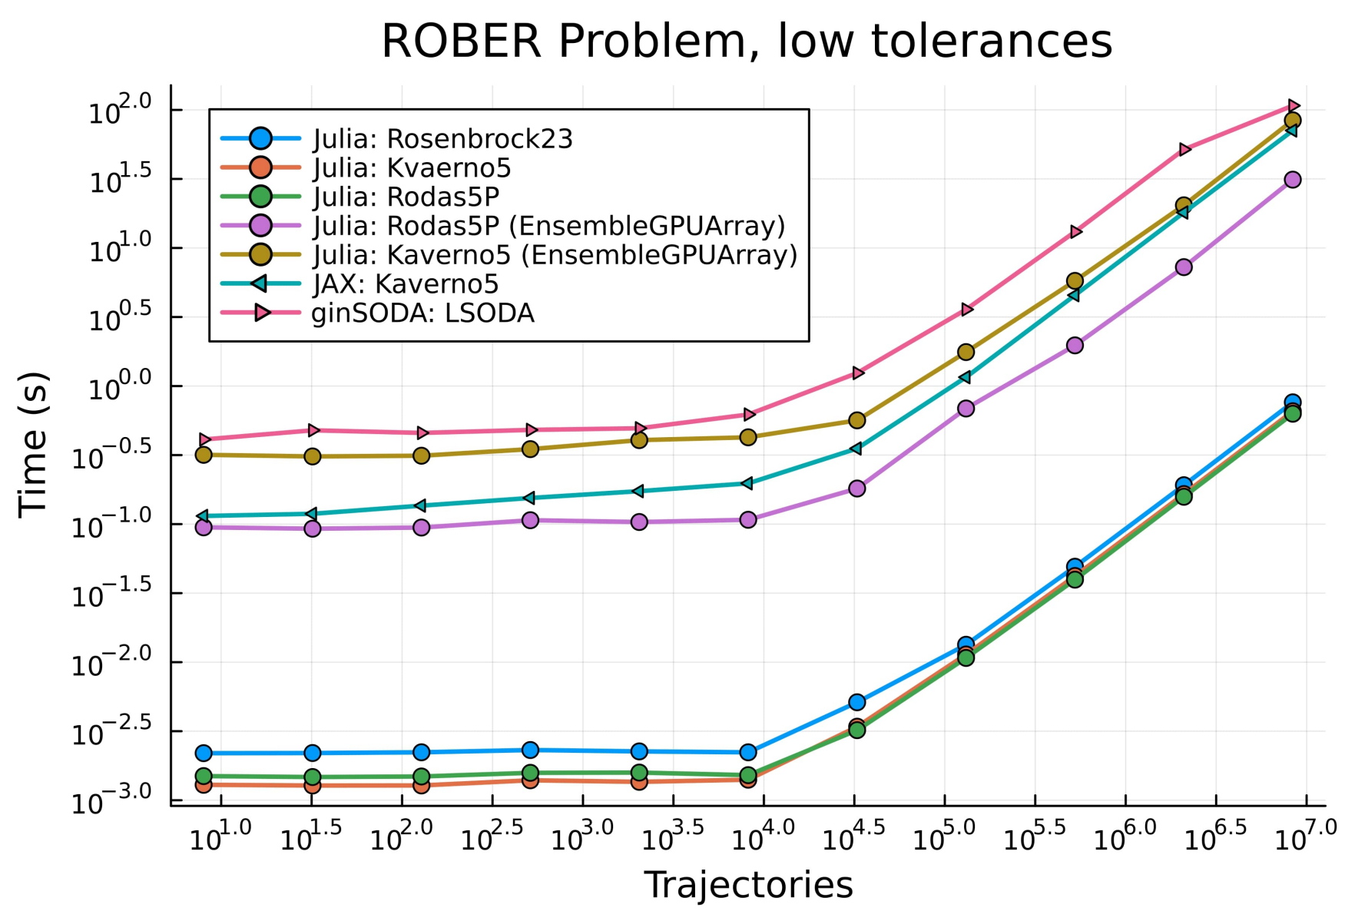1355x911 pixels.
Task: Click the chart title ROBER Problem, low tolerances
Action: tap(747, 41)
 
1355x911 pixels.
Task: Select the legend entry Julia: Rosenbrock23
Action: tap(442, 139)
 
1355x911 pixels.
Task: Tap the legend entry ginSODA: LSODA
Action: tap(422, 313)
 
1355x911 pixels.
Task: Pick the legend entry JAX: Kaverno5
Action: tap(406, 284)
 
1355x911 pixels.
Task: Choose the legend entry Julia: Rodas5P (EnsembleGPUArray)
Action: tap(548, 226)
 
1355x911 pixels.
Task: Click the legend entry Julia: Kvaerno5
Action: tap(412, 168)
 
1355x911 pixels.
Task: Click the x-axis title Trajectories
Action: tap(747, 885)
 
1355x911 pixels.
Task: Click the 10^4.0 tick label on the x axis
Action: tap(763, 837)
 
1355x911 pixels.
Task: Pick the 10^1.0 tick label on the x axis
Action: tap(220, 837)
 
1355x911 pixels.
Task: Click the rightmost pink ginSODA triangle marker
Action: tap(1293, 105)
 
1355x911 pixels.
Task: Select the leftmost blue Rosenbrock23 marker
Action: tap(204, 753)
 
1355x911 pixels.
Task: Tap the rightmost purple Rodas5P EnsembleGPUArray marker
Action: tap(1293, 179)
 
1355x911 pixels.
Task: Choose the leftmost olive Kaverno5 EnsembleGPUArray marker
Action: tap(204, 455)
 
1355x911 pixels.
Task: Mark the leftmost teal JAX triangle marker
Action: tap(204, 516)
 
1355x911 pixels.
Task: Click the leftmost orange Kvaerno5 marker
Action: tap(204, 785)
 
